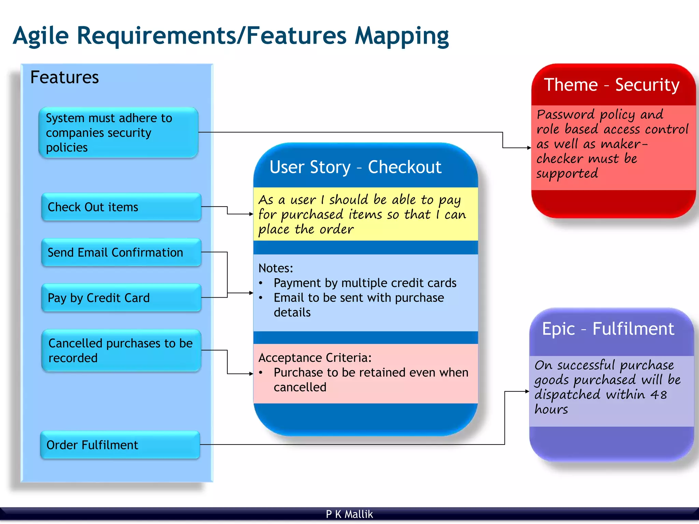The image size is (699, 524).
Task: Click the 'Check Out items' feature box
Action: [x=121, y=207]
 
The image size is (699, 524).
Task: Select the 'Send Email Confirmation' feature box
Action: [x=121, y=252]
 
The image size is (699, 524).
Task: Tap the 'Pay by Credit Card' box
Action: [x=121, y=298]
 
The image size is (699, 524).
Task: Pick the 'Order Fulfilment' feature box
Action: [x=120, y=445]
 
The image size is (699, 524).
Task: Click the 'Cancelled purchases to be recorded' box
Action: [x=121, y=350]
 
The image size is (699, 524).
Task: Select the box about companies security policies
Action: [x=118, y=133]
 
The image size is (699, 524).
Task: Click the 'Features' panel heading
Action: [x=65, y=77]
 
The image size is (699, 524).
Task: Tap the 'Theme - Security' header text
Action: [x=612, y=85]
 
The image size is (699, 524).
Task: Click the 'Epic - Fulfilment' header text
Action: [x=608, y=329]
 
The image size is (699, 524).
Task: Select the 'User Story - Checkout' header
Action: [x=355, y=167]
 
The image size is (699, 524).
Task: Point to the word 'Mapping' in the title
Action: [x=402, y=36]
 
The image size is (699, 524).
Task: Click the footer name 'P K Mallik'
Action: [x=349, y=514]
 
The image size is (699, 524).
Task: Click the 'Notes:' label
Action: [x=276, y=268]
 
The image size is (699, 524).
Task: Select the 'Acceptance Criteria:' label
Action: [x=315, y=358]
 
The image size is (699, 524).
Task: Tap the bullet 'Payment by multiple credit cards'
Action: [x=365, y=283]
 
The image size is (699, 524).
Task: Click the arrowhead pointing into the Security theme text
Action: [x=529, y=148]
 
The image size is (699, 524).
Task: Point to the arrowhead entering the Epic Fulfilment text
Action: [x=527, y=391]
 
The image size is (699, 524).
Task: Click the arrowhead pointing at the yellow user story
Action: [x=251, y=214]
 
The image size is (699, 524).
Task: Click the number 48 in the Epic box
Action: [x=658, y=395]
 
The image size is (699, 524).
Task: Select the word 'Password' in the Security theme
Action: [x=566, y=115]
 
